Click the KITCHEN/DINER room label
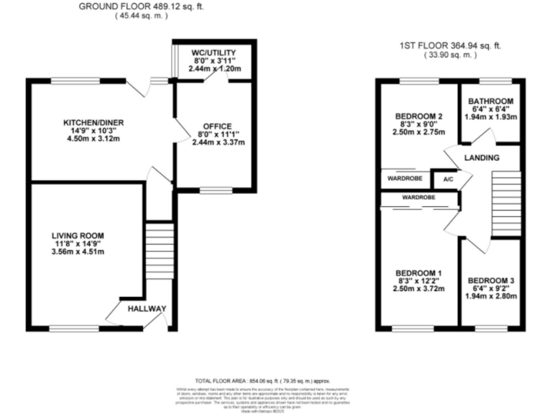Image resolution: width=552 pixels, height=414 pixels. (x=93, y=123)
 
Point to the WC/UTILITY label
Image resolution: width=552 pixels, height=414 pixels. (x=213, y=52)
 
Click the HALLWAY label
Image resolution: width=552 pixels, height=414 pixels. (x=147, y=309)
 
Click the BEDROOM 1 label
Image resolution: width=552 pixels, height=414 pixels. (x=418, y=272)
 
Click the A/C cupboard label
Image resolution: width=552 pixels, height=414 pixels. (x=447, y=179)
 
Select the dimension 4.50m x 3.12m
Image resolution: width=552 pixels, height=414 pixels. (x=93, y=139)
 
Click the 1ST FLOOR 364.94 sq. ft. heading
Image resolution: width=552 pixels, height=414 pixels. (x=450, y=46)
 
